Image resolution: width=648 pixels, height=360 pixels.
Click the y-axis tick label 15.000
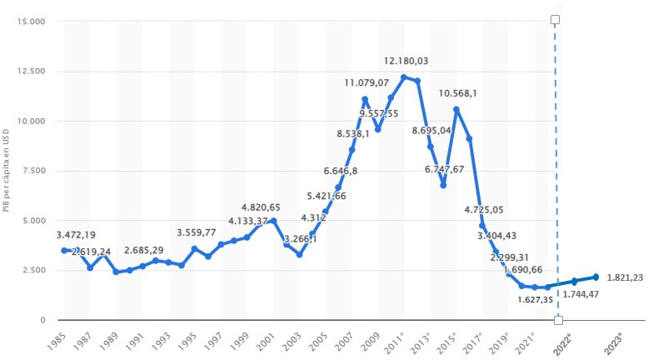point(31,21)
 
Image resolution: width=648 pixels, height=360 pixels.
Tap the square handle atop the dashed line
point(556,18)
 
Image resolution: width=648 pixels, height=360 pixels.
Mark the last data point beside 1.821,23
point(596,277)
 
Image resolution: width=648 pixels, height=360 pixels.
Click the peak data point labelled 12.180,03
point(404,77)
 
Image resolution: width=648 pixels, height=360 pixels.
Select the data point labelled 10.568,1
point(456,109)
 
